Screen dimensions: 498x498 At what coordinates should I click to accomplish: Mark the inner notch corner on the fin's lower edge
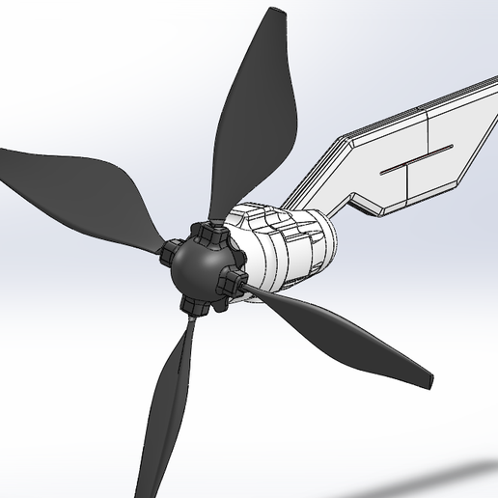click(358, 199)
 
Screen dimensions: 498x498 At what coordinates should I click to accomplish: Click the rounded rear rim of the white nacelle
click(333, 246)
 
